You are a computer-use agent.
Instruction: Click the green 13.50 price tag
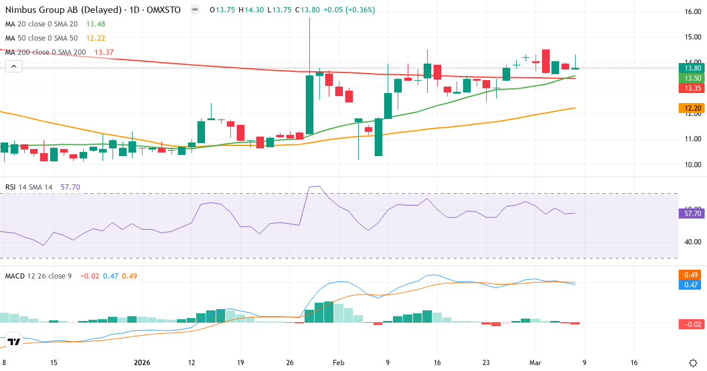click(691, 78)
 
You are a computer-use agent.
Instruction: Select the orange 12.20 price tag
click(691, 108)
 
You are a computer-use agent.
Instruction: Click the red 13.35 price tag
click(691, 88)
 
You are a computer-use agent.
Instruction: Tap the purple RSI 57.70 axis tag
click(691, 214)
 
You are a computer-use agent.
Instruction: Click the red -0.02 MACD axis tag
click(691, 324)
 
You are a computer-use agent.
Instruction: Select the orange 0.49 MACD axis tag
click(691, 274)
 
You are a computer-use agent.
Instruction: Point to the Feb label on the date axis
click(338, 363)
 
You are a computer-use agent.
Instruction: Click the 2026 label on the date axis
click(142, 363)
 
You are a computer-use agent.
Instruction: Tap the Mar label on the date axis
click(535, 363)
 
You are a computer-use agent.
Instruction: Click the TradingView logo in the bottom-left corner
click(14, 342)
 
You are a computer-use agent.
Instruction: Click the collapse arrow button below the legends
click(14, 67)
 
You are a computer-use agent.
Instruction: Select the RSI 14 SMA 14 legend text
click(29, 187)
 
